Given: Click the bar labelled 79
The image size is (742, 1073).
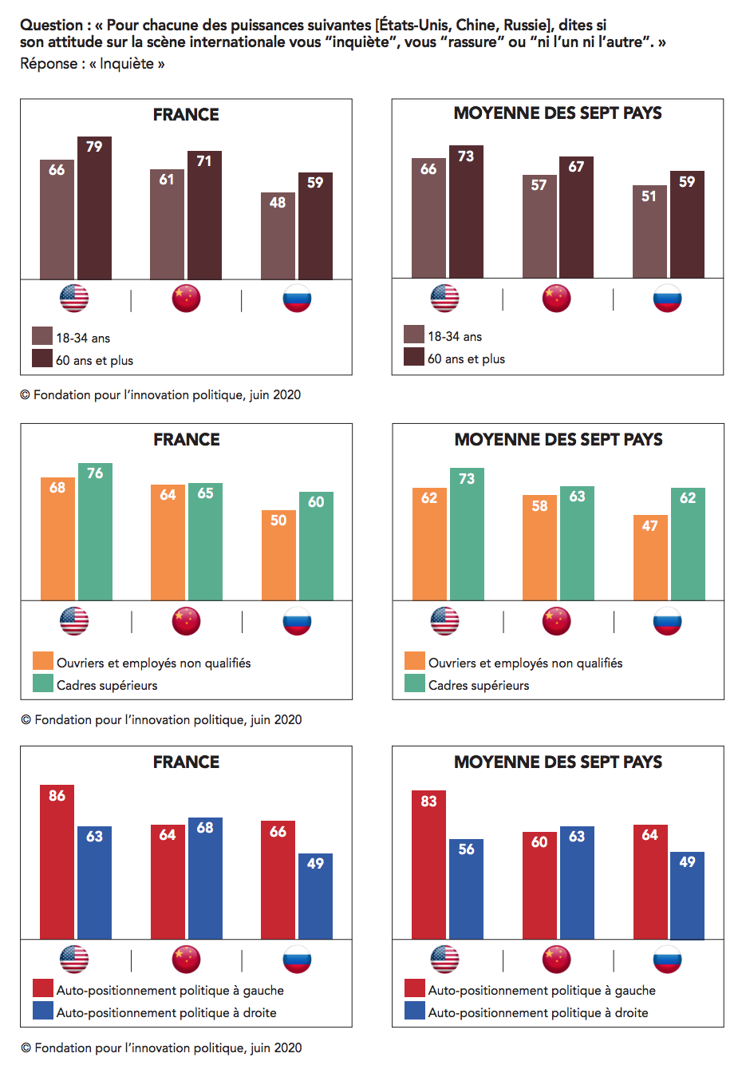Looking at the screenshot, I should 94,208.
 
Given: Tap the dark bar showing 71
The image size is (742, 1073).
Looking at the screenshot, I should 204,216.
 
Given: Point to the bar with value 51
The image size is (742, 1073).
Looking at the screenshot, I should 649,232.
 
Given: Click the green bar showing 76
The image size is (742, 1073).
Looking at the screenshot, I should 95,532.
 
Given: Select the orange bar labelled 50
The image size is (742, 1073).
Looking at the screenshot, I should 278,556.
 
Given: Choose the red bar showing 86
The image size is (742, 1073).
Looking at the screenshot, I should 57,862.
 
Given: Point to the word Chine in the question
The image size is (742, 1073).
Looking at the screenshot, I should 476,26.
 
